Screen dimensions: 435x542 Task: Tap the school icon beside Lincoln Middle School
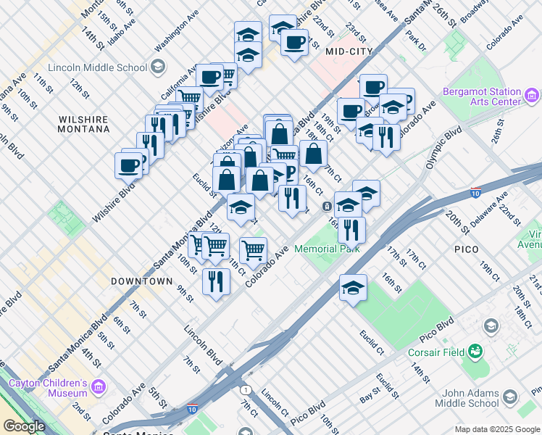tap(156, 68)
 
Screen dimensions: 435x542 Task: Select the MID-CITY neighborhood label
tap(349, 51)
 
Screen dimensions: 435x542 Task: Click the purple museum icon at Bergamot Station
tap(533, 95)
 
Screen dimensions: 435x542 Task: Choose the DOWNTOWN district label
tap(142, 281)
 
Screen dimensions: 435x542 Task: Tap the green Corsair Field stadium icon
tap(475, 352)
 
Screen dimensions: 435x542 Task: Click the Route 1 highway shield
tap(246, 389)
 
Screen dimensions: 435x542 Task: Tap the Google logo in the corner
tap(23, 426)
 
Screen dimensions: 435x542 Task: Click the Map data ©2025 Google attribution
tap(497, 429)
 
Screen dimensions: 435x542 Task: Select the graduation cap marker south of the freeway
tap(353, 287)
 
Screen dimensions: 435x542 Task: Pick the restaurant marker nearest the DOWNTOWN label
tap(216, 281)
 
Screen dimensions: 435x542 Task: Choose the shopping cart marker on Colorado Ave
tap(253, 251)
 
